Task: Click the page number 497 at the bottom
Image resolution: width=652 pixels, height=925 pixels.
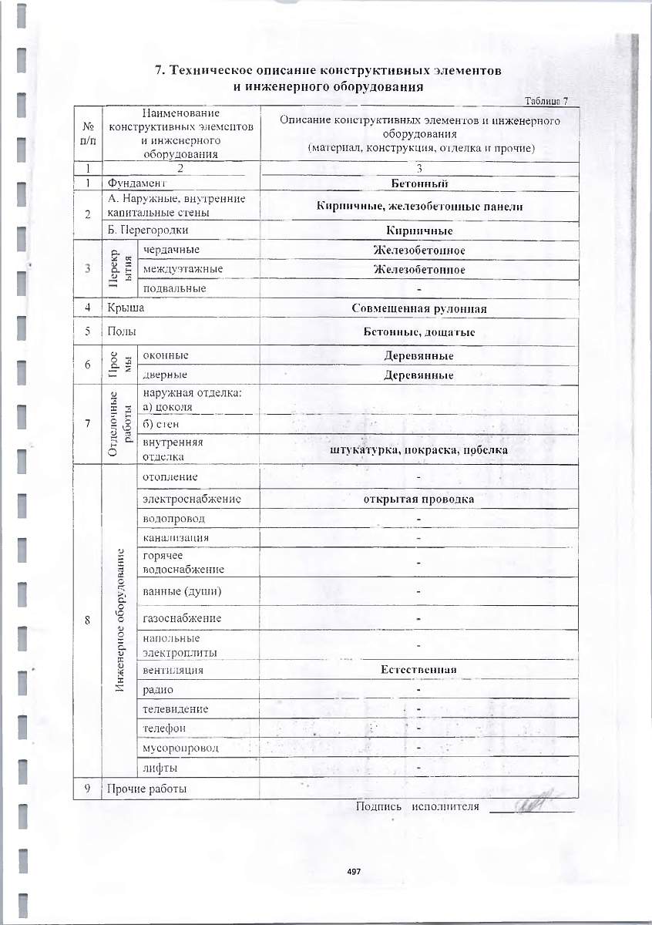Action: [x=355, y=871]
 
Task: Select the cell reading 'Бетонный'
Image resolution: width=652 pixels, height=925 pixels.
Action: [x=419, y=183]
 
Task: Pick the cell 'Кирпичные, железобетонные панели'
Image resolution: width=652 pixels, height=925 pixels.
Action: [x=419, y=206]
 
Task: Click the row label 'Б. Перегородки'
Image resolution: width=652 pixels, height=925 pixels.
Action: [x=148, y=230]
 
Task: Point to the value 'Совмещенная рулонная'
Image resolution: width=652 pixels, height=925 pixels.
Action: [x=419, y=309]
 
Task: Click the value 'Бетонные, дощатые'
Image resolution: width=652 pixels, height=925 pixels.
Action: [x=419, y=332]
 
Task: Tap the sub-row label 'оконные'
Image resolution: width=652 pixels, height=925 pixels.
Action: [x=166, y=355]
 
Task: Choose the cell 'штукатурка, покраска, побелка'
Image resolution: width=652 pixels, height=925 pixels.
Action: [x=419, y=450]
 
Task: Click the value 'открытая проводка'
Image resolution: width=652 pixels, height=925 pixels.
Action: [x=419, y=499]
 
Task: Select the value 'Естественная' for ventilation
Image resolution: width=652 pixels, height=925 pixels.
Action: [x=419, y=670]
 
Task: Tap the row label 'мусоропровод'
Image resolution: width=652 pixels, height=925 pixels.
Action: [x=181, y=748]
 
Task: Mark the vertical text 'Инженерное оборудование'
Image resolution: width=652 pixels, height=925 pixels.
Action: [x=119, y=620]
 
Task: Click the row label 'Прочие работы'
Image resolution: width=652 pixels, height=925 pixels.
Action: [x=147, y=789]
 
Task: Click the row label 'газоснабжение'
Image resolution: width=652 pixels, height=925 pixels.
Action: [x=183, y=618]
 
